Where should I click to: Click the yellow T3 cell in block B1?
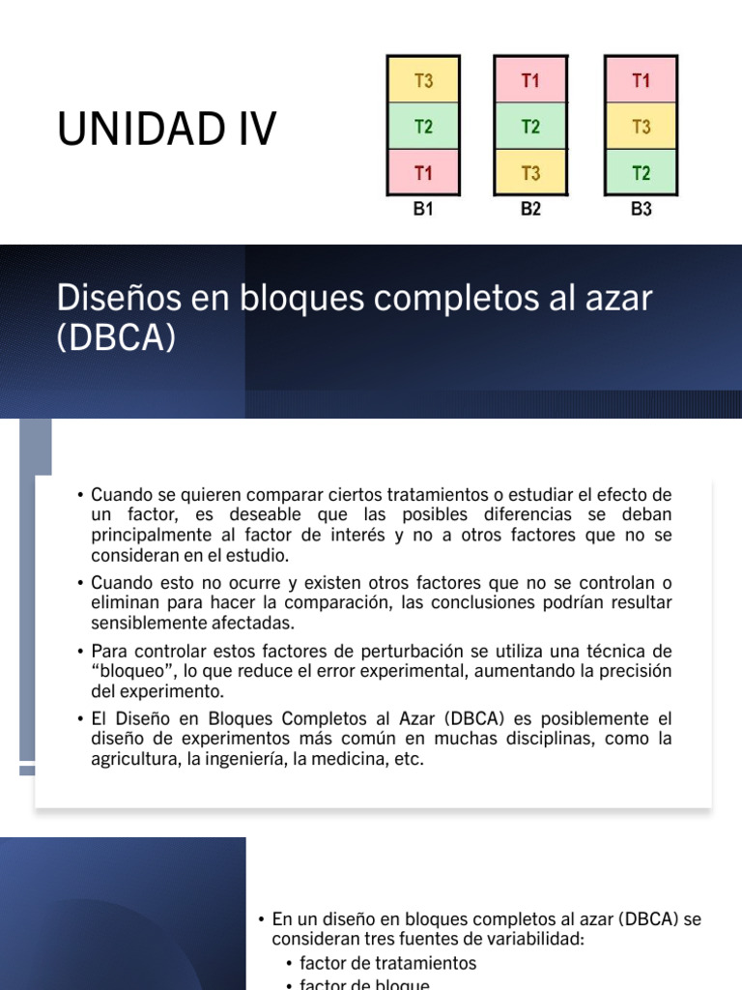pyautogui.click(x=423, y=81)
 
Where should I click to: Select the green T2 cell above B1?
pyautogui.click(x=423, y=127)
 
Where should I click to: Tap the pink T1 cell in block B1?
pyautogui.click(x=423, y=173)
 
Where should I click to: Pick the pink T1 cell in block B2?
pyautogui.click(x=530, y=81)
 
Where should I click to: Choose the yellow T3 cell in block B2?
pyautogui.click(x=530, y=173)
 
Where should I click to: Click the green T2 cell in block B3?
pyautogui.click(x=642, y=173)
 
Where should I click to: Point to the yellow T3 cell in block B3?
pyautogui.click(x=642, y=127)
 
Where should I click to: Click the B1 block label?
pyautogui.click(x=423, y=209)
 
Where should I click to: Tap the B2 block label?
pyautogui.click(x=530, y=209)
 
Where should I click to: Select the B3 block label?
pyautogui.click(x=642, y=209)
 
